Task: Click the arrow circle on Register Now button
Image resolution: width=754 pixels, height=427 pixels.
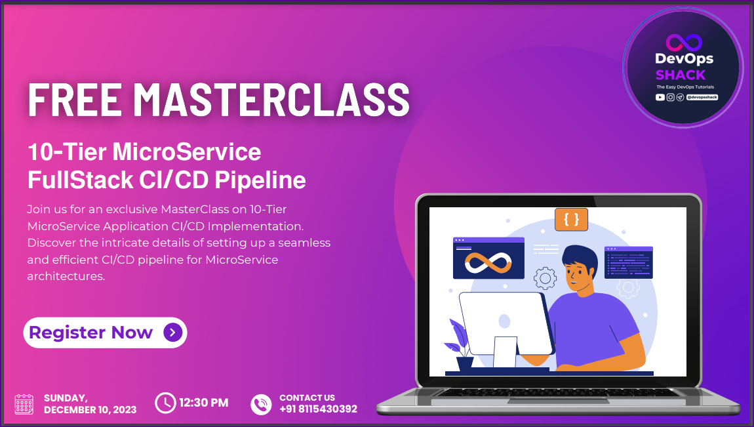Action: pyautogui.click(x=172, y=333)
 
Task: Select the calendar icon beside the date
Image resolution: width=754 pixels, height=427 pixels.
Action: pyautogui.click(x=24, y=403)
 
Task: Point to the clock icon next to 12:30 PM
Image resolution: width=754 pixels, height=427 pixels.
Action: pyautogui.click(x=165, y=403)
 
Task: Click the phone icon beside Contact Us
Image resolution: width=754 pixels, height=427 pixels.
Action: pyautogui.click(x=261, y=403)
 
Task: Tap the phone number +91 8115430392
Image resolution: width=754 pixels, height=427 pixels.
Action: pyautogui.click(x=318, y=409)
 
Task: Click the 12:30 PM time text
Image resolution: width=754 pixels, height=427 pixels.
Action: pyautogui.click(x=204, y=403)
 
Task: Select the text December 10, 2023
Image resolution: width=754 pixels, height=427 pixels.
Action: pyautogui.click(x=90, y=410)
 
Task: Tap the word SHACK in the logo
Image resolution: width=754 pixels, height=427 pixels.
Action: pyautogui.click(x=681, y=75)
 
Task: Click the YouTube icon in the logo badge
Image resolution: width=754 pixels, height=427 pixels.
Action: pyautogui.click(x=660, y=97)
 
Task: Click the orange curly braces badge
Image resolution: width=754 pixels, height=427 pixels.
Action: pyautogui.click(x=571, y=220)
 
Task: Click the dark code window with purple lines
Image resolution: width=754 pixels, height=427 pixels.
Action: pyautogui.click(x=628, y=262)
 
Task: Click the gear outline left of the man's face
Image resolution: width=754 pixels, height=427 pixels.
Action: pyautogui.click(x=545, y=278)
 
